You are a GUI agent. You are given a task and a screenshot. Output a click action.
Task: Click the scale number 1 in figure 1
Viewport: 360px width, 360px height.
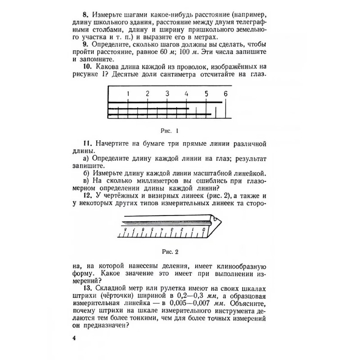tap(128, 94)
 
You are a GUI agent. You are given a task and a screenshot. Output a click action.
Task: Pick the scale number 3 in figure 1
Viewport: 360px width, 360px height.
tap(167, 94)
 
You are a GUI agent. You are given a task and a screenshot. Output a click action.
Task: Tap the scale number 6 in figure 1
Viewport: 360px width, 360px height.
tap(225, 94)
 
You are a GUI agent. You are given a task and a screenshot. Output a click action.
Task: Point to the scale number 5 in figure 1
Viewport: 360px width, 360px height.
tap(206, 94)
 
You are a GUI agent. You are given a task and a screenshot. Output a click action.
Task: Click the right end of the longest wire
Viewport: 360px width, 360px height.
tap(223, 103)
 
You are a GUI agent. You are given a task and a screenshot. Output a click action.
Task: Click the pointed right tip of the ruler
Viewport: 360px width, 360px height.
tap(222, 220)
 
